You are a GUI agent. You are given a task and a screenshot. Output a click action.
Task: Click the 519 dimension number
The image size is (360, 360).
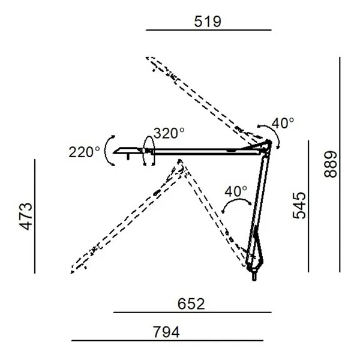tap(208, 22)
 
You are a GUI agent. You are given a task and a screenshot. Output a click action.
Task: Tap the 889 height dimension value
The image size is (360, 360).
tap(331, 164)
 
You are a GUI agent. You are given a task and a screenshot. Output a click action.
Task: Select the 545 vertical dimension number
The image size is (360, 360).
tap(299, 205)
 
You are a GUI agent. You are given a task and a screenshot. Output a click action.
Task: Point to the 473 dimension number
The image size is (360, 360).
tap(26, 216)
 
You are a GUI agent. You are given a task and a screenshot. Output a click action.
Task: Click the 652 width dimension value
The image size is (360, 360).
tap(191, 304)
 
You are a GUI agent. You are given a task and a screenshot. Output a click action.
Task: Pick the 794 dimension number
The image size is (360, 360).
tap(166, 332)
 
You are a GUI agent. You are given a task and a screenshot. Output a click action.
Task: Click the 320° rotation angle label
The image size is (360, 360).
tap(169, 133)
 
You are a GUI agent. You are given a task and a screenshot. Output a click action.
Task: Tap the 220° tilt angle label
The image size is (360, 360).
tap(84, 152)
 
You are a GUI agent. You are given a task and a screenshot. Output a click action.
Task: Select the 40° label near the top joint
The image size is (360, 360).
tap(283, 123)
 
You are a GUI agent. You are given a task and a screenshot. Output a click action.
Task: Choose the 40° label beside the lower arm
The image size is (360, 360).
tap(236, 191)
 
